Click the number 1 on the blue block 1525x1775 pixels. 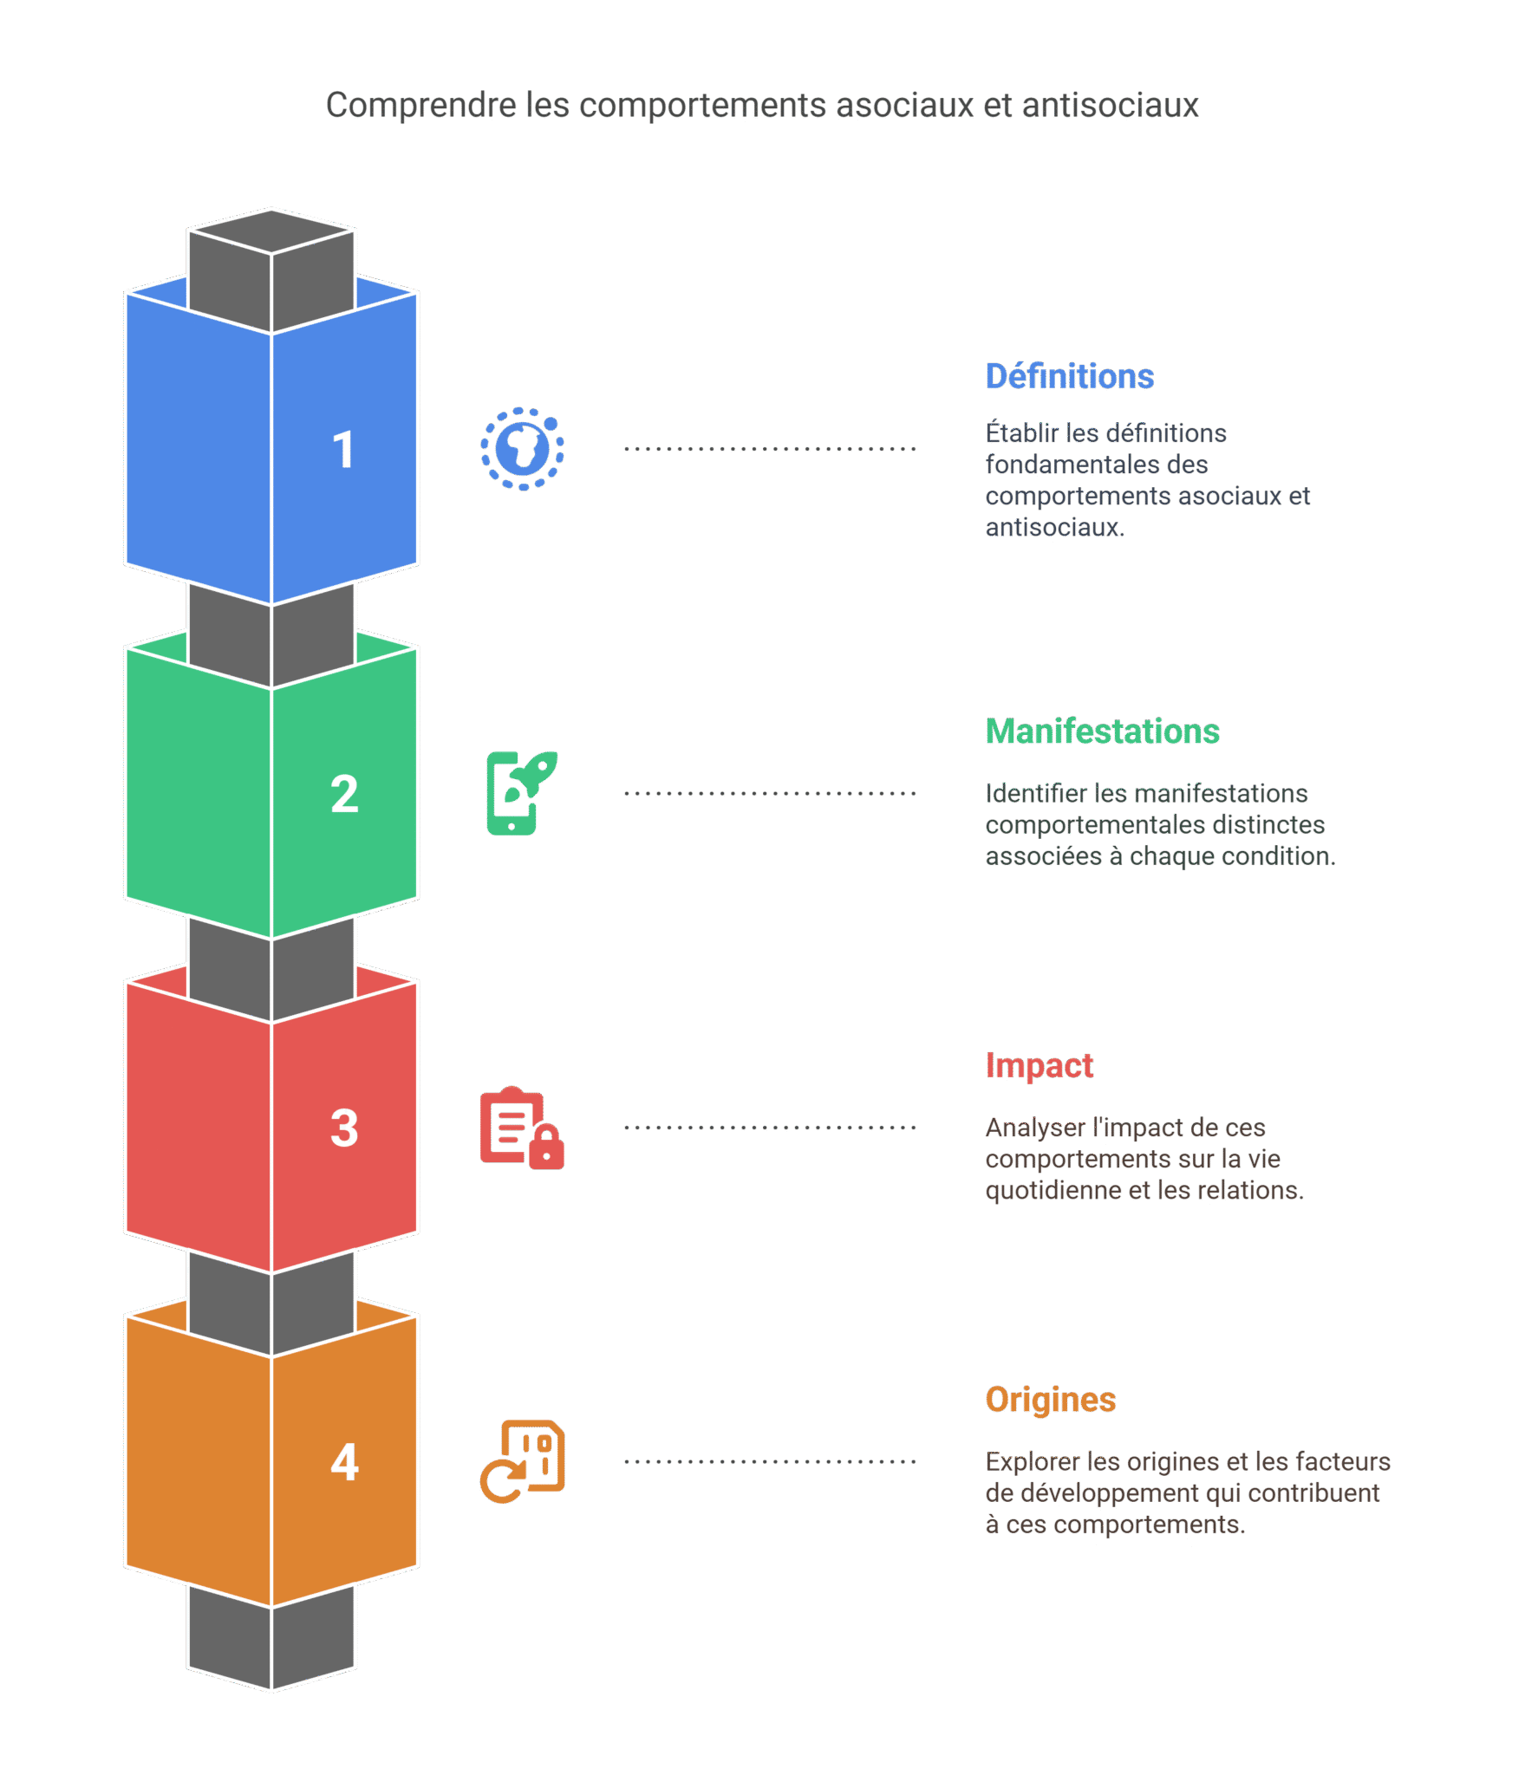click(343, 450)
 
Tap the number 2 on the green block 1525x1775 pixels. click(344, 793)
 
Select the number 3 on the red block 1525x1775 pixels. click(344, 1128)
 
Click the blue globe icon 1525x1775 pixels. click(522, 449)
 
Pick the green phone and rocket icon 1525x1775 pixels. click(521, 792)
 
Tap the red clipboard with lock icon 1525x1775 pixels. click(522, 1127)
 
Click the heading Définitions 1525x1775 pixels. click(1069, 376)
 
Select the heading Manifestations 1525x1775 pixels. click(1102, 731)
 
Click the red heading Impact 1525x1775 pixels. click(1039, 1065)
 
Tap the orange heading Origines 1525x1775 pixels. click(1050, 1399)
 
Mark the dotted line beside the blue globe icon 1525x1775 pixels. click(770, 449)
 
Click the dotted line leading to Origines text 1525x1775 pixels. click(770, 1461)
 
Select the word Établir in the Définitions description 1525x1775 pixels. click(1021, 432)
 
